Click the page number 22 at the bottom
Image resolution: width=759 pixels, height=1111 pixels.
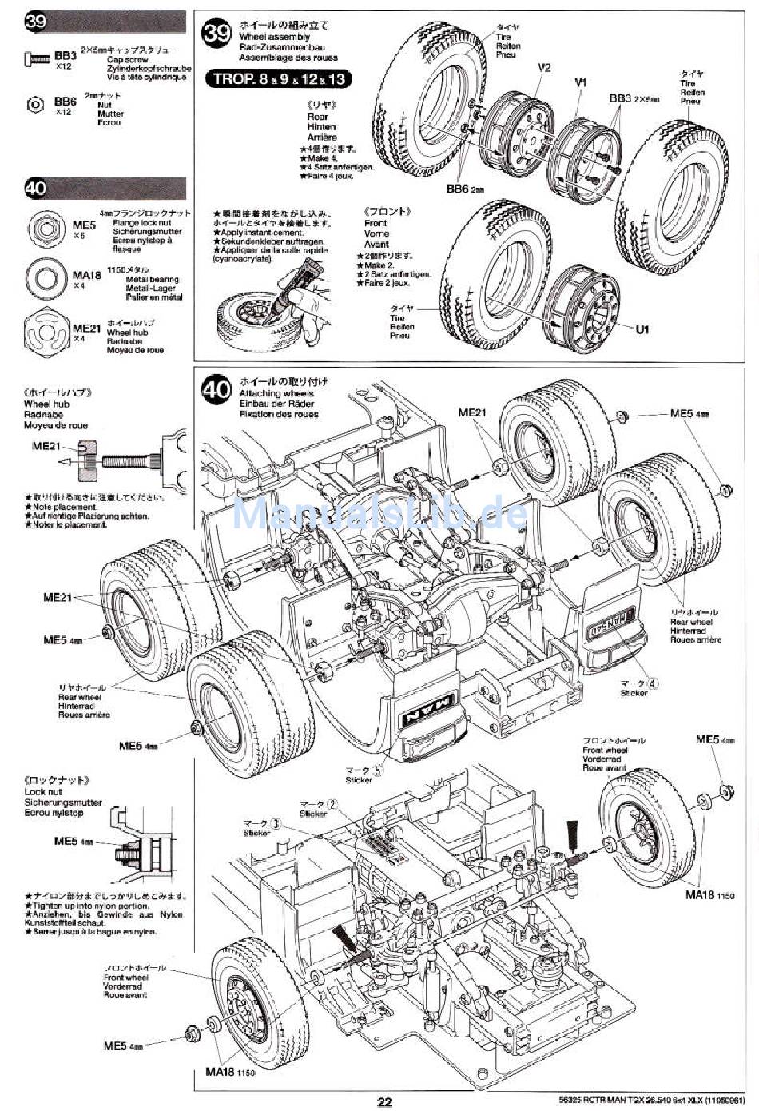click(384, 1101)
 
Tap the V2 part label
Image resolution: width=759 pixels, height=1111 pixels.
click(544, 68)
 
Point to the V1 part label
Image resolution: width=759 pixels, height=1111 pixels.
click(581, 82)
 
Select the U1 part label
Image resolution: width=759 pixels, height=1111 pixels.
click(642, 329)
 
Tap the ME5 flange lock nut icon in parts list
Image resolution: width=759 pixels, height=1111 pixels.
click(42, 229)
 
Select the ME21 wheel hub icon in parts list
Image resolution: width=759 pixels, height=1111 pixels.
click(43, 328)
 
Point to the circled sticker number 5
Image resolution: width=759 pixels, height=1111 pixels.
click(378, 771)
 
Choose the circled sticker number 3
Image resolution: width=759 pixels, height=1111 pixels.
click(276, 823)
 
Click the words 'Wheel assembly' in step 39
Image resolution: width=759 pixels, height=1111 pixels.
click(274, 37)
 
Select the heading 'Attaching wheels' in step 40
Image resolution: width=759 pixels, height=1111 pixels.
click(276, 393)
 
